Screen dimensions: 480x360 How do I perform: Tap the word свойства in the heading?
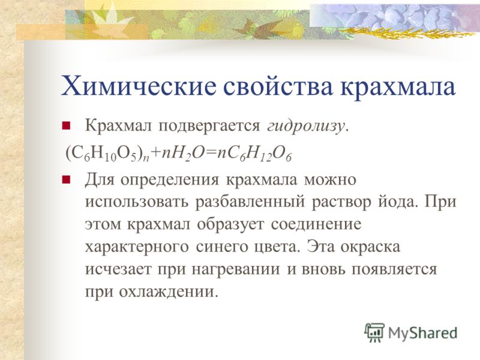277,86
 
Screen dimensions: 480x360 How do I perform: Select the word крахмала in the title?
398,86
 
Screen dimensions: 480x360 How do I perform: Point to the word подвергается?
209,126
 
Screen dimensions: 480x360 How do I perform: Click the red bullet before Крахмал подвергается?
66,126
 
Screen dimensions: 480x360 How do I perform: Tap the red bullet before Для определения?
66,179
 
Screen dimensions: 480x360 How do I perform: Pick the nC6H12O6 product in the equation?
254,154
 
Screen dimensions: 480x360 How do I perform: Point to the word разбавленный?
250,202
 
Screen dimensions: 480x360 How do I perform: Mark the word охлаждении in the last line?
169,292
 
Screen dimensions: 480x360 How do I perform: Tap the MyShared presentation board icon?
374,332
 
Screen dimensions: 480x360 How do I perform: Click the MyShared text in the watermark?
422,333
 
